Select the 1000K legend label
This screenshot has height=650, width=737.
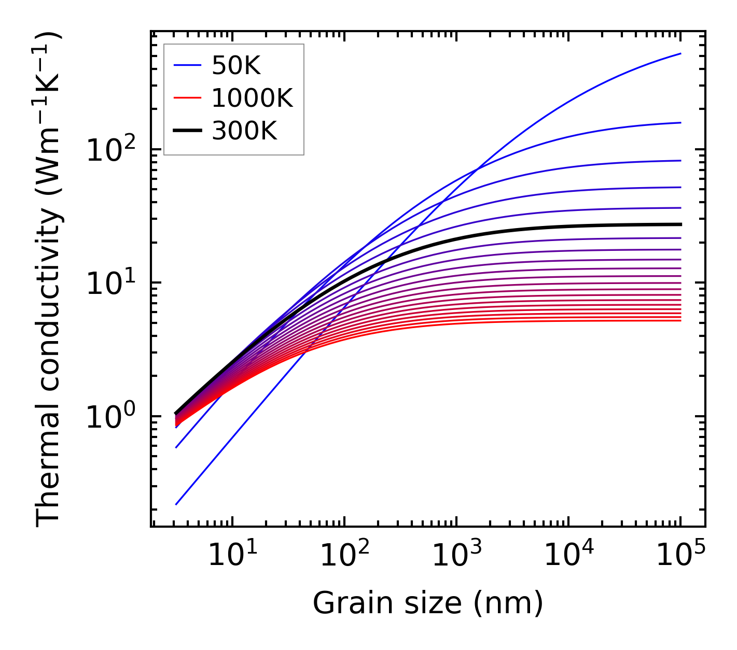click(x=252, y=98)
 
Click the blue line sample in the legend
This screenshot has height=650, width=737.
click(x=187, y=65)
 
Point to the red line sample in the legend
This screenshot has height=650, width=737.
click(x=187, y=98)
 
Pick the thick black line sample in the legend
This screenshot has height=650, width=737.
click(x=187, y=131)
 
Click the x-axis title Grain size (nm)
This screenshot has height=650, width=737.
click(x=428, y=603)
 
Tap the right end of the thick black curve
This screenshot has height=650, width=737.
click(x=680, y=224)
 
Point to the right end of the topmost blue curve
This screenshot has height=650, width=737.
click(x=680, y=53)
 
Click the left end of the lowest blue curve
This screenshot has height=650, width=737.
click(x=176, y=504)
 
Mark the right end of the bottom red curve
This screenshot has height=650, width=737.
click(x=680, y=320)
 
